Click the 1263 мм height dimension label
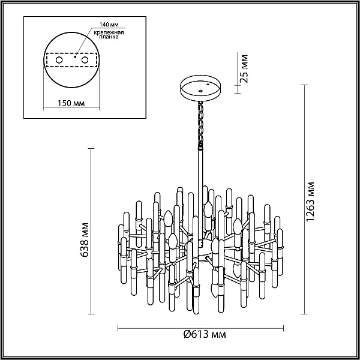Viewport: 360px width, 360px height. [x=310, y=202]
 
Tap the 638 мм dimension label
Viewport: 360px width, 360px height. [x=85, y=239]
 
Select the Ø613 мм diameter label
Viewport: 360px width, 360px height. [x=205, y=334]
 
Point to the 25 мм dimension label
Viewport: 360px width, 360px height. [x=244, y=68]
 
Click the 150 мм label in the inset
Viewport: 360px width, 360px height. [x=71, y=103]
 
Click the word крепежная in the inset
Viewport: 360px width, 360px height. [x=109, y=32]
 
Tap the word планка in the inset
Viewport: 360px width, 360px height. [x=109, y=37]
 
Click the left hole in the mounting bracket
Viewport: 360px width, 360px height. [x=59, y=60]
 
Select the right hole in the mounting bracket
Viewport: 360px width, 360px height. [x=85, y=60]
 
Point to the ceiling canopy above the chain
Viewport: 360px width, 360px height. [x=200, y=88]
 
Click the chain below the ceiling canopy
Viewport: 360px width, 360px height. [x=200, y=123]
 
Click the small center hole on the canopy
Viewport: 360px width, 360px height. [x=200, y=91]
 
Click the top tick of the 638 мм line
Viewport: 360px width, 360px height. [x=91, y=149]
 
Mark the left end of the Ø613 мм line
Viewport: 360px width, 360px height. [x=118, y=328]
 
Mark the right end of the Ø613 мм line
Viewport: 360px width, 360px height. [x=283, y=328]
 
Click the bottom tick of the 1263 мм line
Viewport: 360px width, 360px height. [x=304, y=314]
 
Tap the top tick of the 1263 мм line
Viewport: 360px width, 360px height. [x=304, y=85]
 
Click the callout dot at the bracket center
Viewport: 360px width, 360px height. [x=75, y=57]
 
